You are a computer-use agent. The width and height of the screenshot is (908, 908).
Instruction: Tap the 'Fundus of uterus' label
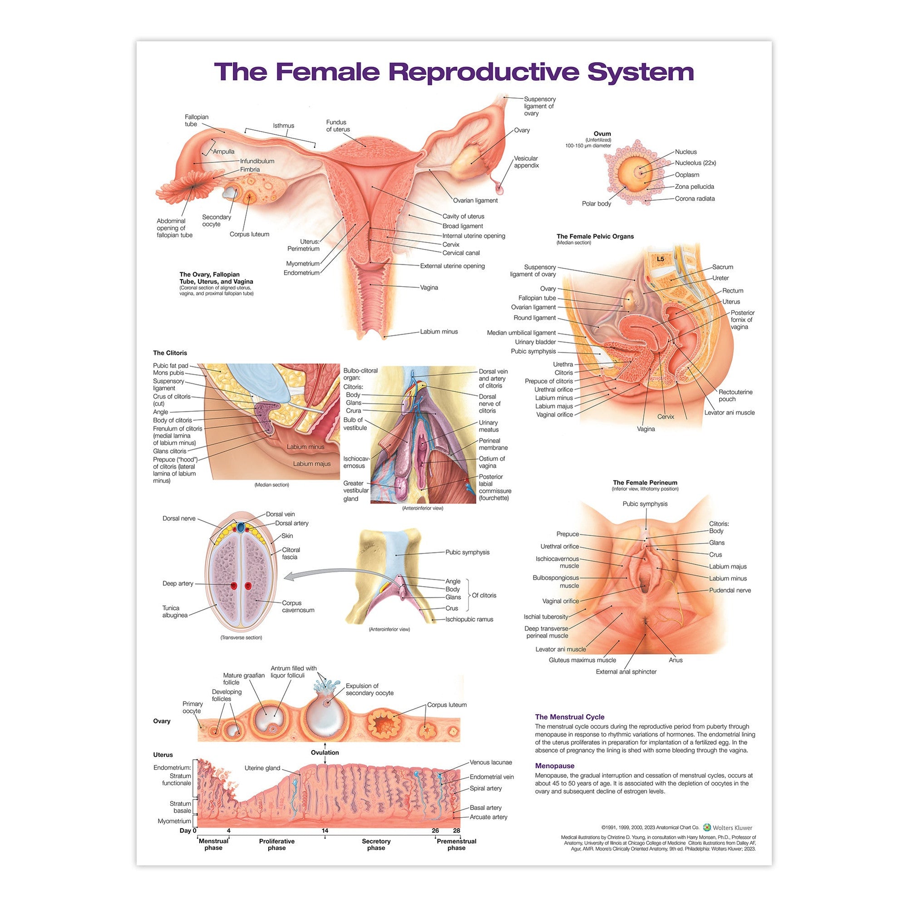[x=338, y=125]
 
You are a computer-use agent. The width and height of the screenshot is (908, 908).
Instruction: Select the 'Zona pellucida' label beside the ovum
[x=694, y=187]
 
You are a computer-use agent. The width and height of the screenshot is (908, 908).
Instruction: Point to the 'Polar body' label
[x=596, y=203]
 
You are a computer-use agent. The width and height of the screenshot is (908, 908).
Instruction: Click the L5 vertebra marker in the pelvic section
[x=660, y=259]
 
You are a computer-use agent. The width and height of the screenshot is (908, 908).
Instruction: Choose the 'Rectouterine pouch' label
[x=735, y=395]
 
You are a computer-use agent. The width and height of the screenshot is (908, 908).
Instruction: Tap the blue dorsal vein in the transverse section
[x=241, y=527]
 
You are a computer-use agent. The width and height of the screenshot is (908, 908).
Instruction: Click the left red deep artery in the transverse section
[x=233, y=586]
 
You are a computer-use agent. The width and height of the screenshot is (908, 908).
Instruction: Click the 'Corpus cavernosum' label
[x=298, y=606]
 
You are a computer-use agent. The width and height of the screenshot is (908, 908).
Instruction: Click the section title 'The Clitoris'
[x=170, y=352]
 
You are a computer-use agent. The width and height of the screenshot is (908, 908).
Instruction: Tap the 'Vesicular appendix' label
[x=526, y=162]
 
